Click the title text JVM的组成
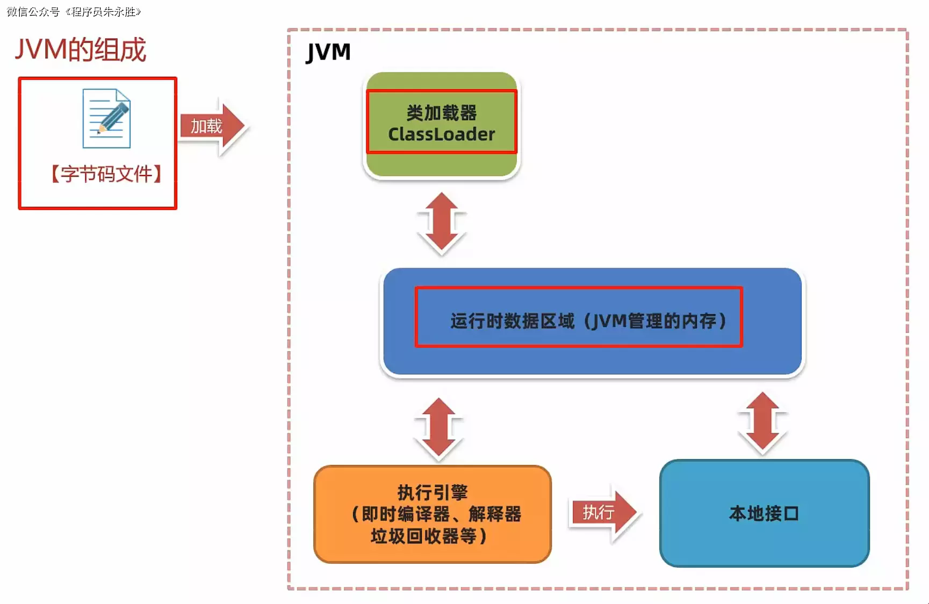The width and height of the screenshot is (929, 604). pyautogui.click(x=80, y=50)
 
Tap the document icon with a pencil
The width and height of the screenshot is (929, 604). pyautogui.click(x=106, y=118)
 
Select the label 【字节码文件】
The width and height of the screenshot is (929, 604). pyautogui.click(x=106, y=174)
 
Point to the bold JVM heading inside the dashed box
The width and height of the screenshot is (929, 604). pyautogui.click(x=328, y=53)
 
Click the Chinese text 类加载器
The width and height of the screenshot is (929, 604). pyautogui.click(x=441, y=113)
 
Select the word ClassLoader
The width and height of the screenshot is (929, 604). pyautogui.click(x=441, y=134)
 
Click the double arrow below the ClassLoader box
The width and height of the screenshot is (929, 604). pyautogui.click(x=442, y=223)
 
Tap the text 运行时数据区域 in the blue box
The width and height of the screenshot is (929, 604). pyautogui.click(x=512, y=321)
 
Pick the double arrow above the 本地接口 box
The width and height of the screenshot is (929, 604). pyautogui.click(x=762, y=423)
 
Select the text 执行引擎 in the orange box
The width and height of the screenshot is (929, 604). pyautogui.click(x=433, y=492)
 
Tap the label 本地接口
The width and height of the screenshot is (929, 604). pyautogui.click(x=764, y=514)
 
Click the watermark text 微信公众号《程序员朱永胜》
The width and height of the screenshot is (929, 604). pyautogui.click(x=74, y=12)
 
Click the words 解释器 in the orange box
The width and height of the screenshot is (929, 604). pyautogui.click(x=494, y=514)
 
